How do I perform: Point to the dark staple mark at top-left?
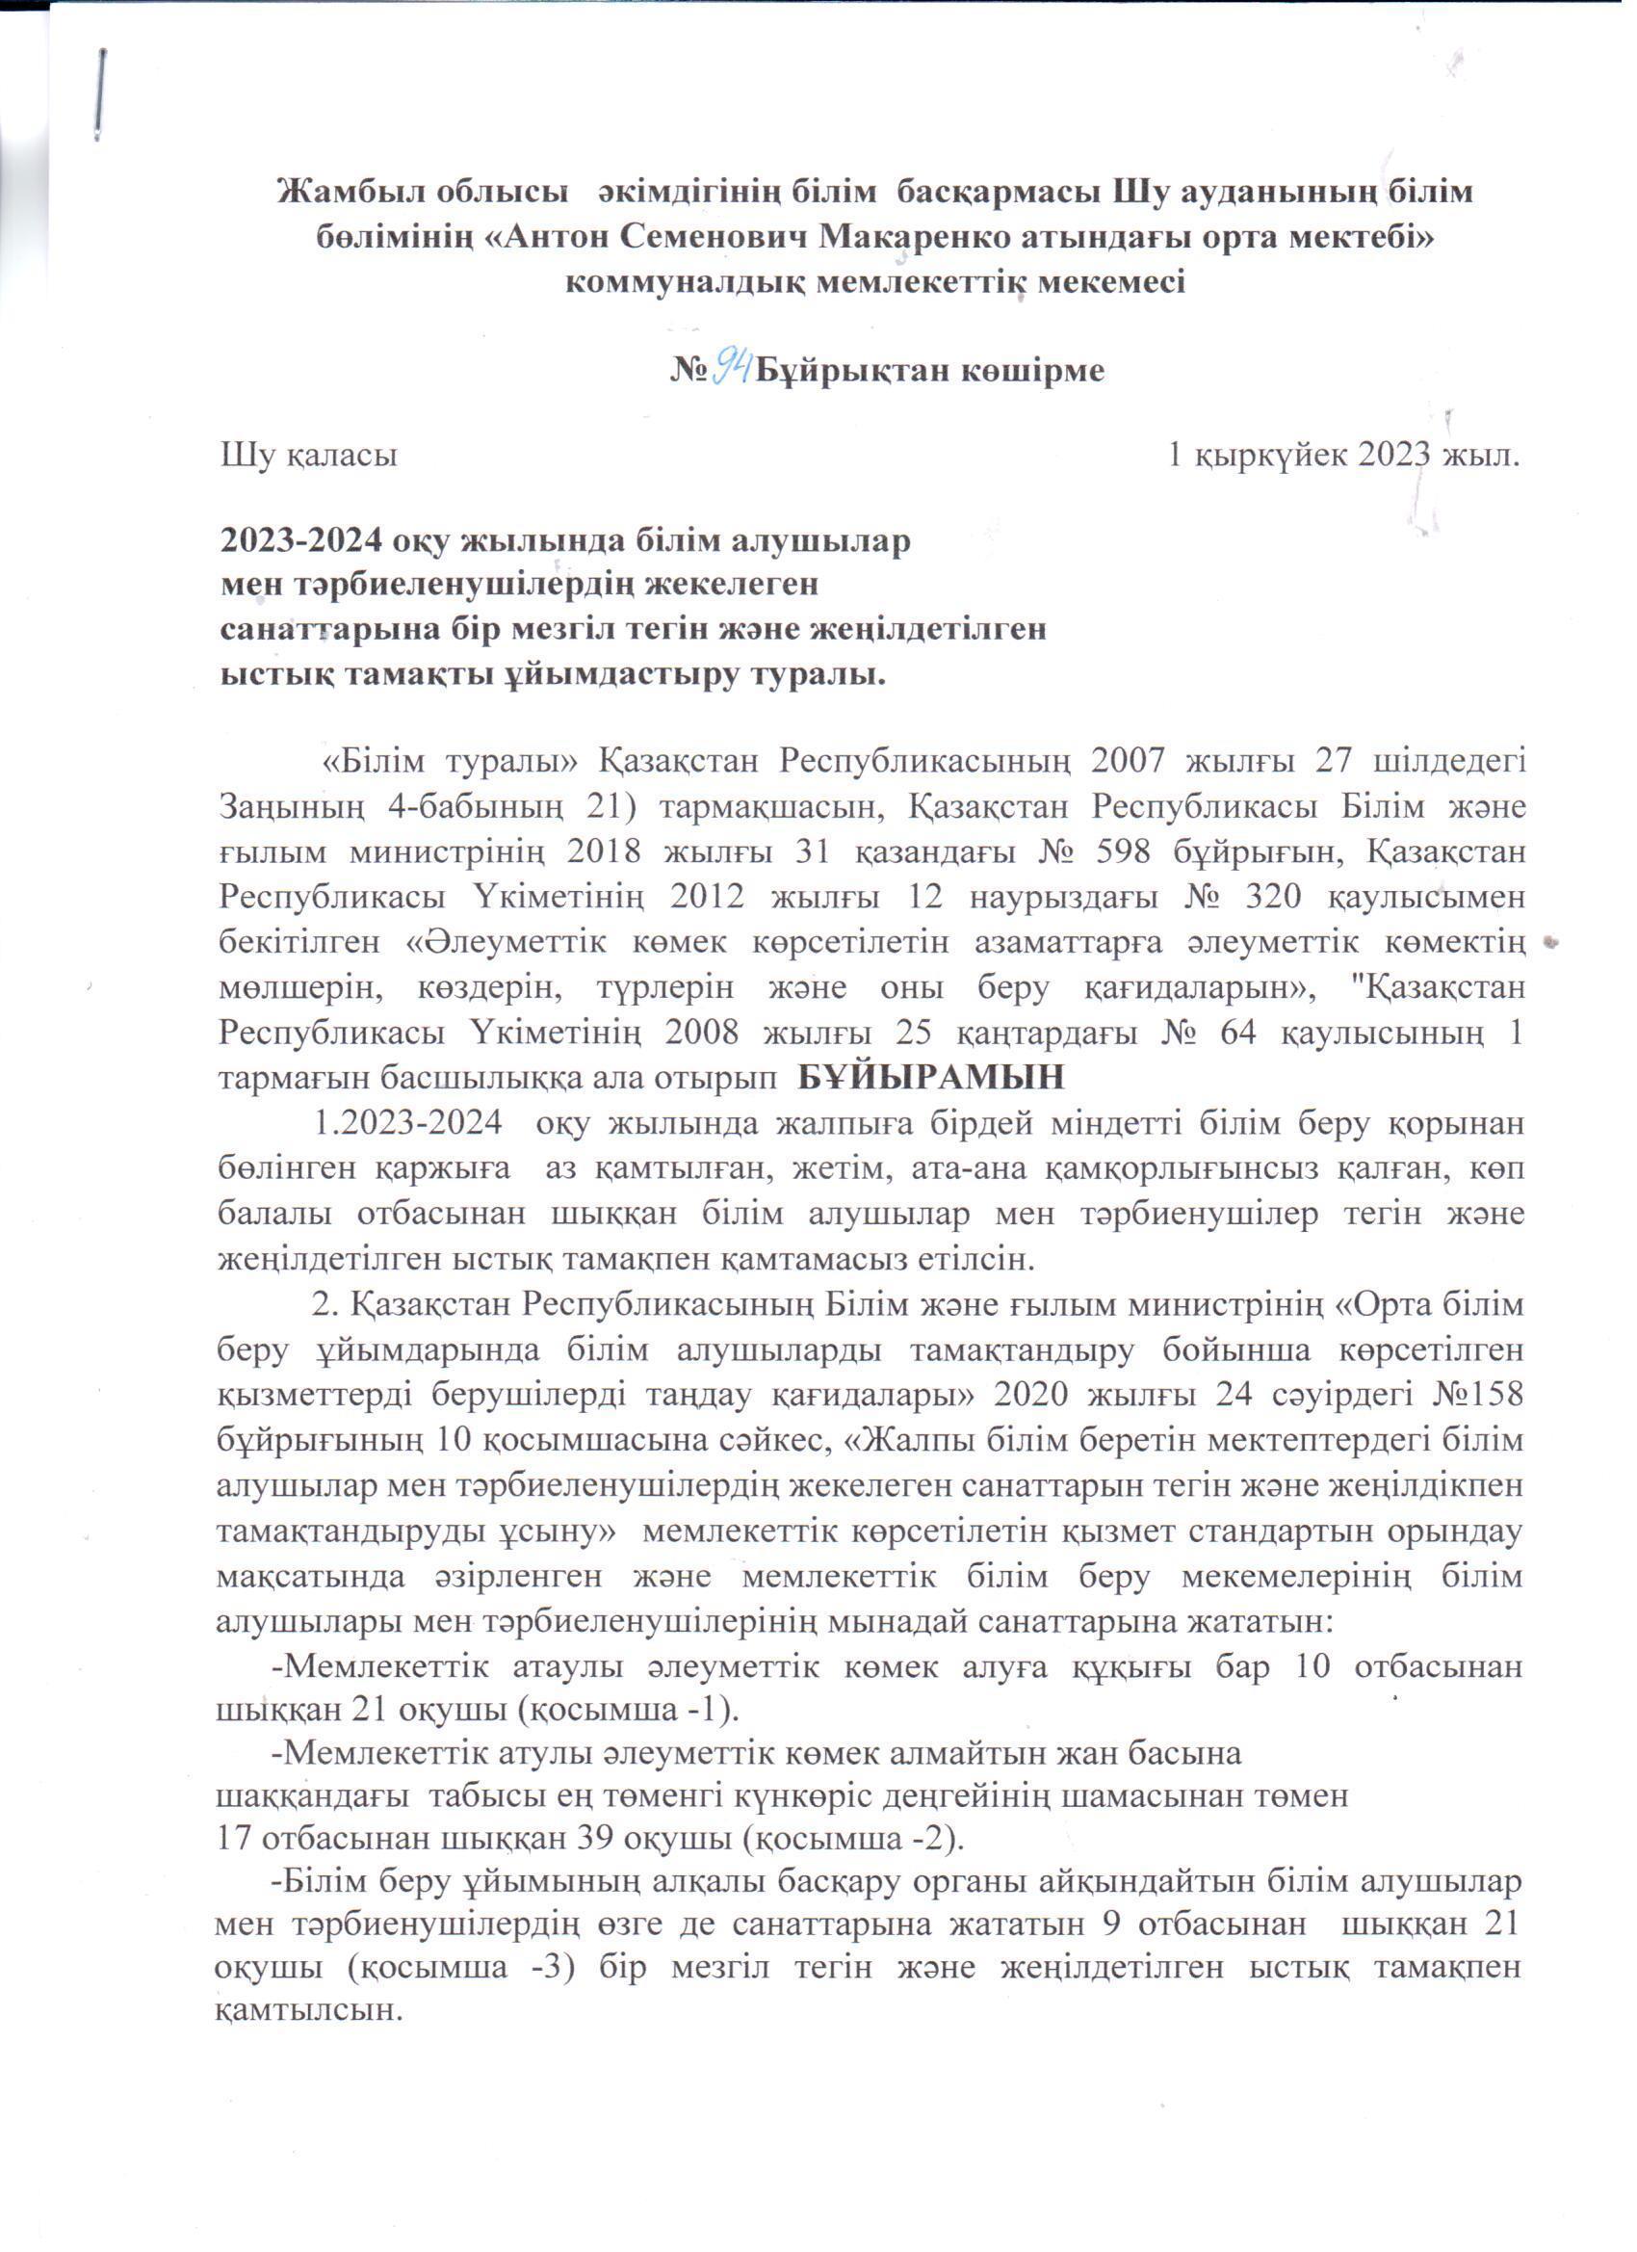[102, 94]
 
